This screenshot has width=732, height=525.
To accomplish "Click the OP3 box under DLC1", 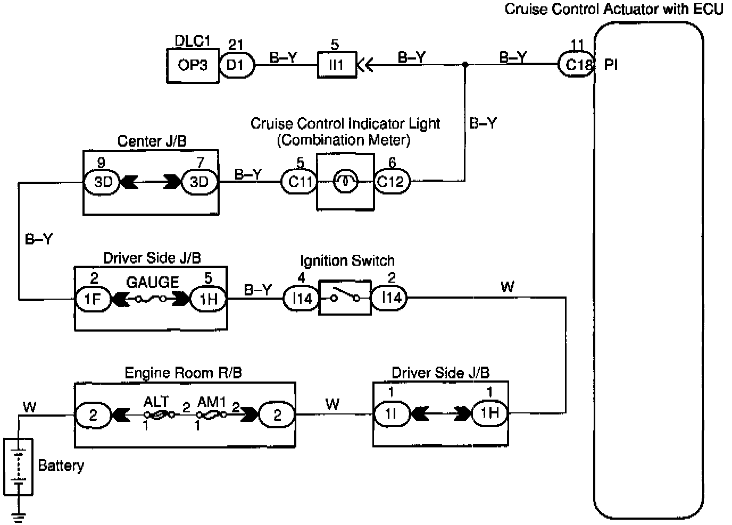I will (193, 66).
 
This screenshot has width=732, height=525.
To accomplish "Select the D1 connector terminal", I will (236, 65).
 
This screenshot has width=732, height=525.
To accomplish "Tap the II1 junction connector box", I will (337, 65).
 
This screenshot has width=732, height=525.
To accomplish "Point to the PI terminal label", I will (611, 65).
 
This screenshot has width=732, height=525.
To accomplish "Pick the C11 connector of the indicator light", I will (300, 182).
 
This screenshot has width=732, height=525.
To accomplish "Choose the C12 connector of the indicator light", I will (391, 182).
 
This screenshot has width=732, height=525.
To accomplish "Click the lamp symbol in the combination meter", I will (345, 182).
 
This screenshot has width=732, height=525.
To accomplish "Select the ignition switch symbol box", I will (344, 298).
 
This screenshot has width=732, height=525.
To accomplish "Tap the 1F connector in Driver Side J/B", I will (93, 299).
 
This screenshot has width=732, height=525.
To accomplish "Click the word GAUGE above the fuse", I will (152, 282).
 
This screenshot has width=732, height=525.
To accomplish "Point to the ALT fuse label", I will (156, 402).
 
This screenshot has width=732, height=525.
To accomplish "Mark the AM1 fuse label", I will (212, 402).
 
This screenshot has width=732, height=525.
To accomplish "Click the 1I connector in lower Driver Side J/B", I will (391, 413).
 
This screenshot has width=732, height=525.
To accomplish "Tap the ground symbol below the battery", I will (19, 515).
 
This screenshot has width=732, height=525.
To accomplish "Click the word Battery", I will (61, 465).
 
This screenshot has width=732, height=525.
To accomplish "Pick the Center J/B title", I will (152, 141).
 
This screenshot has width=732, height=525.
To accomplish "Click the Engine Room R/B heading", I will (183, 372).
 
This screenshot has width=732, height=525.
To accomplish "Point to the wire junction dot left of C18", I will (465, 64).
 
